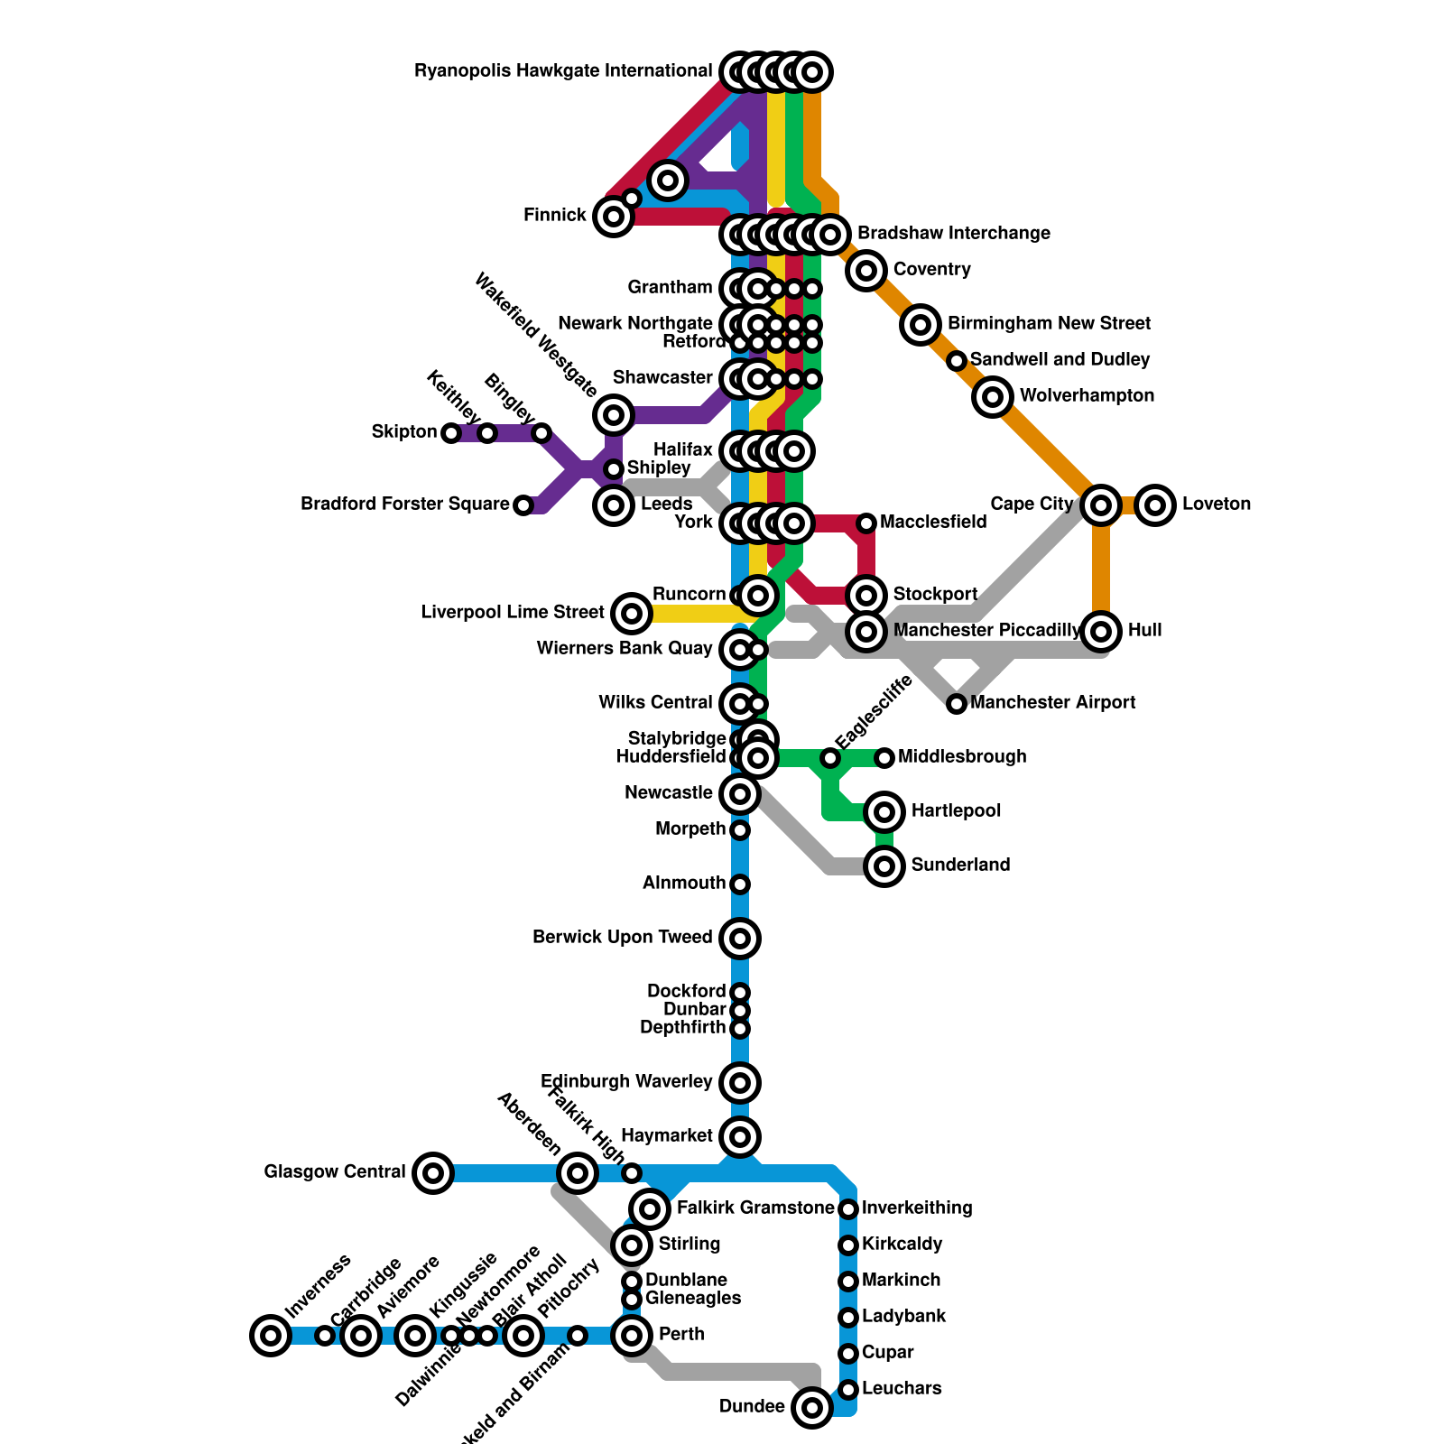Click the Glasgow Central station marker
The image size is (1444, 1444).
(433, 1173)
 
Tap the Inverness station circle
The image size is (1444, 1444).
(271, 1336)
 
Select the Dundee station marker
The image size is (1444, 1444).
(812, 1407)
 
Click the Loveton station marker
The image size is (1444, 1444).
(1155, 504)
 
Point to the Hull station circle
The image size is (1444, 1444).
(1101, 631)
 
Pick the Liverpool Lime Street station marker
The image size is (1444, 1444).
(632, 614)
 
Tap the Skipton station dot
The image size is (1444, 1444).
(451, 433)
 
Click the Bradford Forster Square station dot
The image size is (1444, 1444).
(523, 505)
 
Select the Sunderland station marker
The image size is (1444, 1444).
(884, 866)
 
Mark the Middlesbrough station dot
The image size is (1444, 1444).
(884, 758)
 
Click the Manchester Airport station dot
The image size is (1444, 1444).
(957, 704)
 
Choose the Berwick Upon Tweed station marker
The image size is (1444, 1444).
(740, 939)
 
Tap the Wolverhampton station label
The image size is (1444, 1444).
(1087, 396)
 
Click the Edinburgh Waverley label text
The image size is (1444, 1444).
(626, 1082)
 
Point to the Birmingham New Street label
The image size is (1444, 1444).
(1049, 324)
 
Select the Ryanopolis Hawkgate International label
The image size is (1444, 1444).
(563, 71)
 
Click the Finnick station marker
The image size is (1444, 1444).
(614, 217)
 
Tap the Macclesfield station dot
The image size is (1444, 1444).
(866, 523)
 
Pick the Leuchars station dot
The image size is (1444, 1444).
(848, 1390)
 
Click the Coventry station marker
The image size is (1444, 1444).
(866, 270)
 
